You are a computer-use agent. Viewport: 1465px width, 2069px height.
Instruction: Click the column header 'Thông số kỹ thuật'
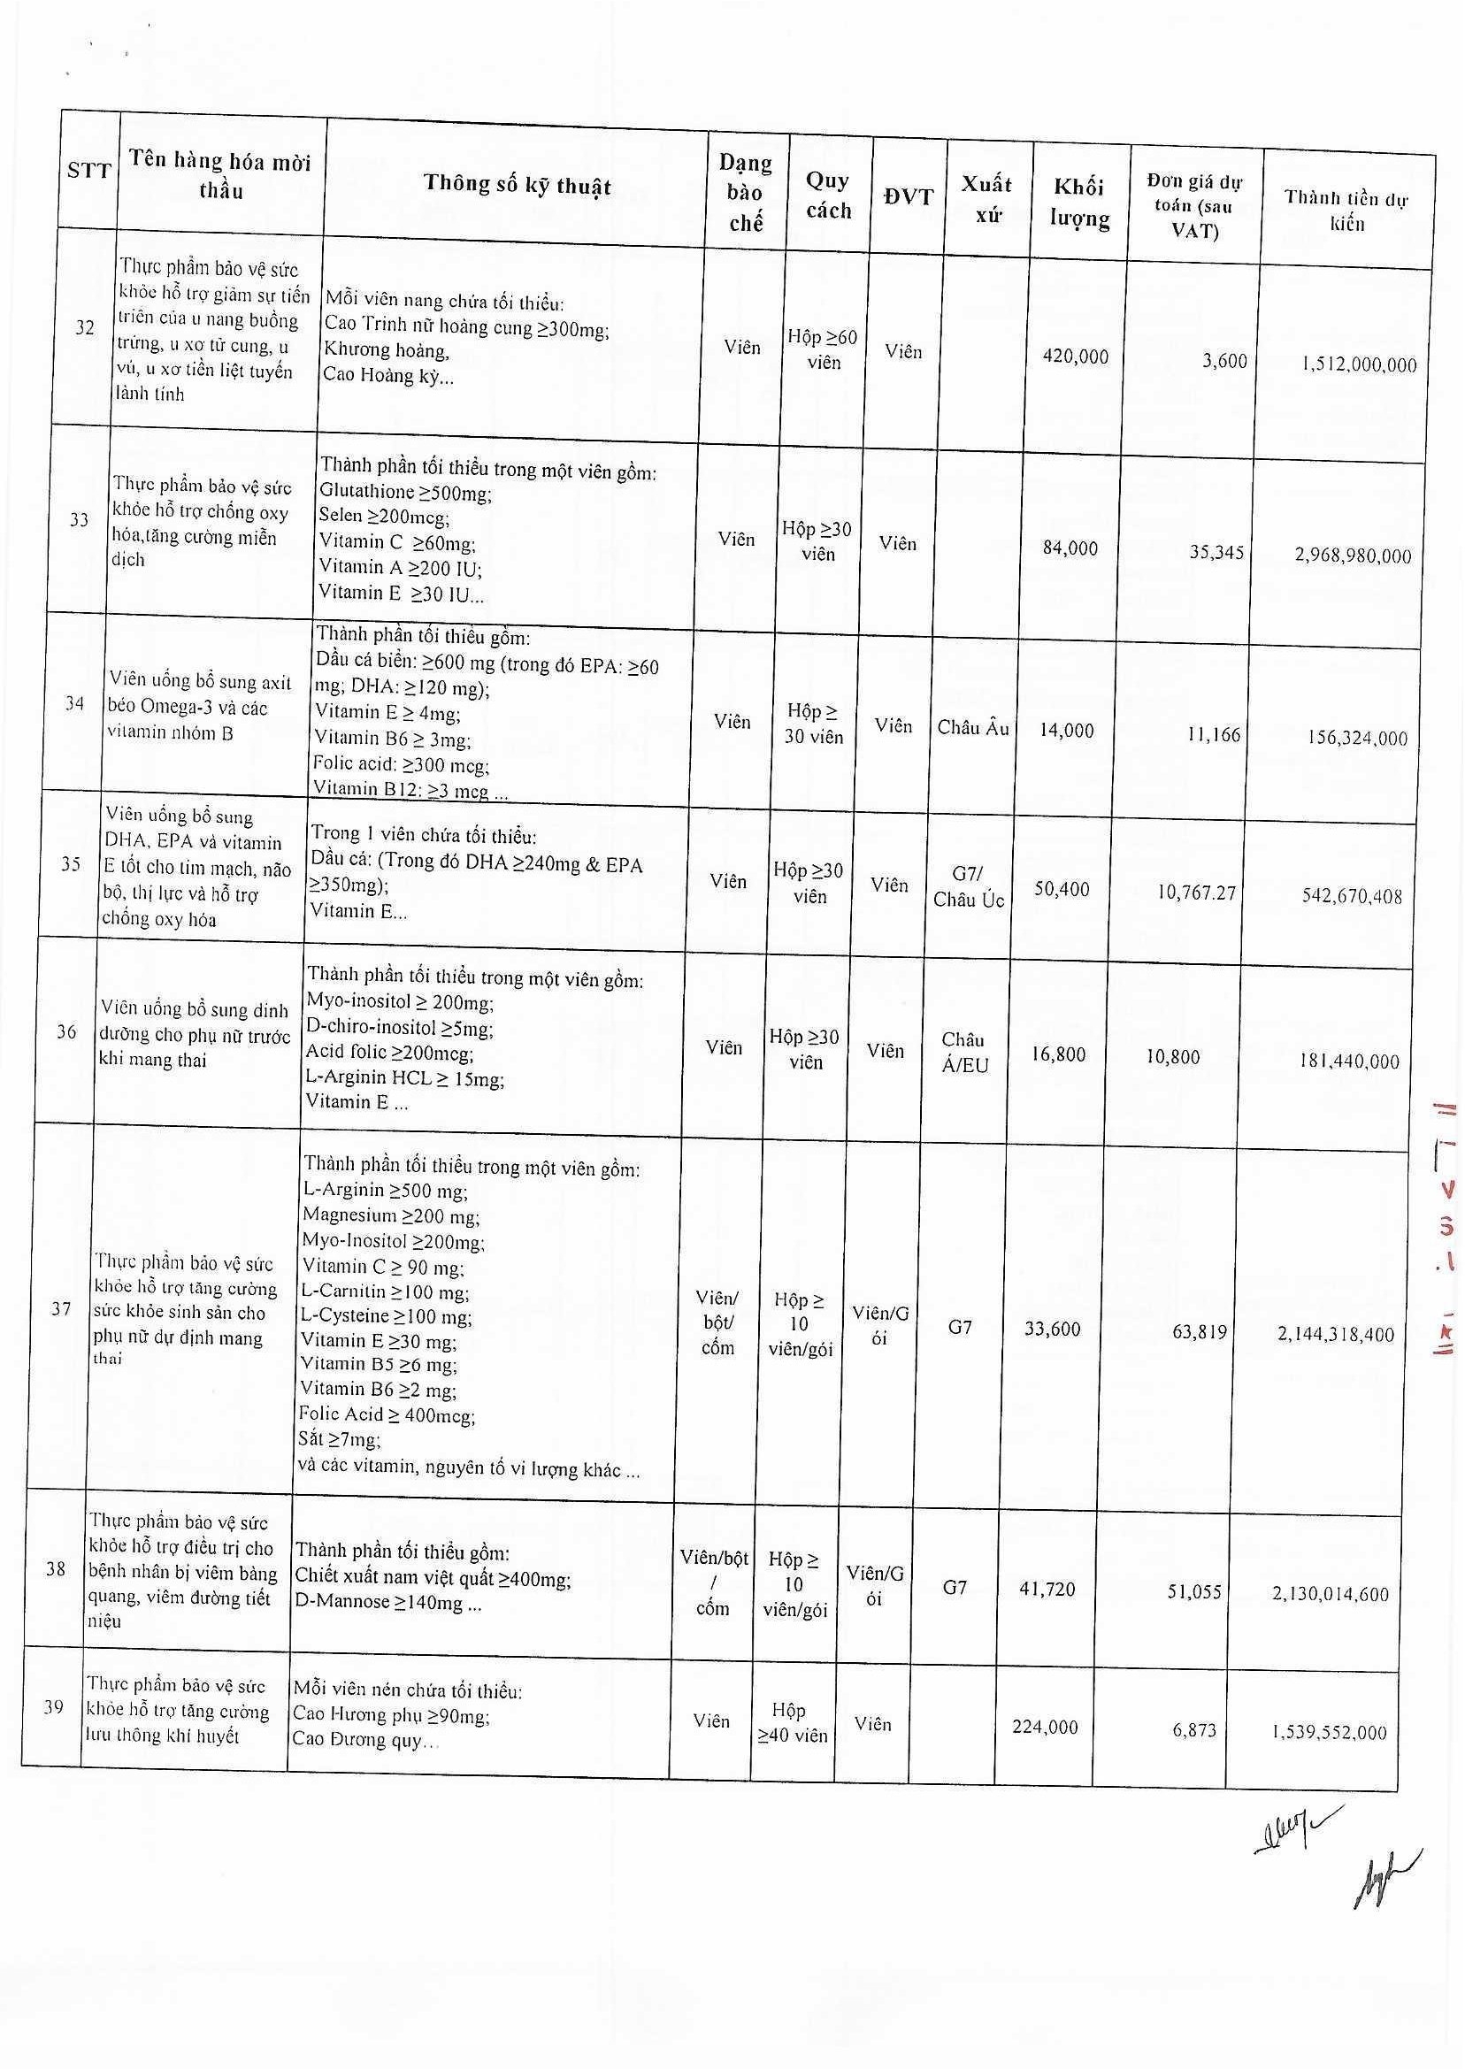tap(517, 186)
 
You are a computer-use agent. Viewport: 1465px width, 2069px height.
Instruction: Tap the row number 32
tap(85, 327)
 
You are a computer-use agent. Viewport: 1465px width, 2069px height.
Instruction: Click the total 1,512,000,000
tap(1359, 364)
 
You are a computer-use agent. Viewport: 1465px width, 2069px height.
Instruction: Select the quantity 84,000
tap(1070, 548)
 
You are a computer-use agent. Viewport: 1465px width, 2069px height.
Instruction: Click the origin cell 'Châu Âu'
tap(972, 728)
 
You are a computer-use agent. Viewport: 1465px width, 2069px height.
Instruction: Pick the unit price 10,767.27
tap(1196, 893)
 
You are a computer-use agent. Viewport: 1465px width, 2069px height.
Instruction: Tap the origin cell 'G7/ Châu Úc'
tap(968, 886)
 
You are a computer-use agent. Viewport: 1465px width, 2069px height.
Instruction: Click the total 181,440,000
tap(1348, 1061)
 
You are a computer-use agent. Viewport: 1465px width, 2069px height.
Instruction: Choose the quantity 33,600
tap(1052, 1329)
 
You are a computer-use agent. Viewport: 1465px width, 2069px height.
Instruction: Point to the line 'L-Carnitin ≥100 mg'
tap(384, 1291)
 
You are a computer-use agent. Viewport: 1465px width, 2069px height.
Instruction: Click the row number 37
tap(61, 1308)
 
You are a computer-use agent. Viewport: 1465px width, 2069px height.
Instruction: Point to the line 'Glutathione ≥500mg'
tap(405, 493)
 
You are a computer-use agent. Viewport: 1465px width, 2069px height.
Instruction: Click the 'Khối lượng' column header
tap(1079, 203)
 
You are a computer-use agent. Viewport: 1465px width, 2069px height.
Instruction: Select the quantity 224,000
tap(1045, 1727)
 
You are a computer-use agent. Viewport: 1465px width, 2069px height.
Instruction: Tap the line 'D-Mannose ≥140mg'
tap(388, 1604)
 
